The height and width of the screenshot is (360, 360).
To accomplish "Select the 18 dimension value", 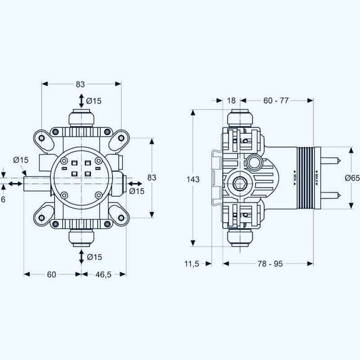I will click(x=230, y=100).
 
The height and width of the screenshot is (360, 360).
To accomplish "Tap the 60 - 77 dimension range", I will click(x=276, y=100).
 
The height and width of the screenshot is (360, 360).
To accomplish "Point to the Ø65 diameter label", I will click(x=351, y=178).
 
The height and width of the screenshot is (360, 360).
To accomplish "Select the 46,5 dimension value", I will click(x=103, y=275).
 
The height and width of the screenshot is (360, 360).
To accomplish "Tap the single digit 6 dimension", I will click(x=3, y=199).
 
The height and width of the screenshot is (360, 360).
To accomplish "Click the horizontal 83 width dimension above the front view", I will click(x=81, y=84).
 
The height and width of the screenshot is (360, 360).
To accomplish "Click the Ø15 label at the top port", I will click(x=94, y=101).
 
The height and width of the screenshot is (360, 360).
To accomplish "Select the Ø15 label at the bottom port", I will click(x=94, y=257).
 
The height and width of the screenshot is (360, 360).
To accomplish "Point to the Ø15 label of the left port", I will click(x=21, y=160).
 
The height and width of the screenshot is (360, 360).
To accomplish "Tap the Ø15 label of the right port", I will click(x=137, y=191).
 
